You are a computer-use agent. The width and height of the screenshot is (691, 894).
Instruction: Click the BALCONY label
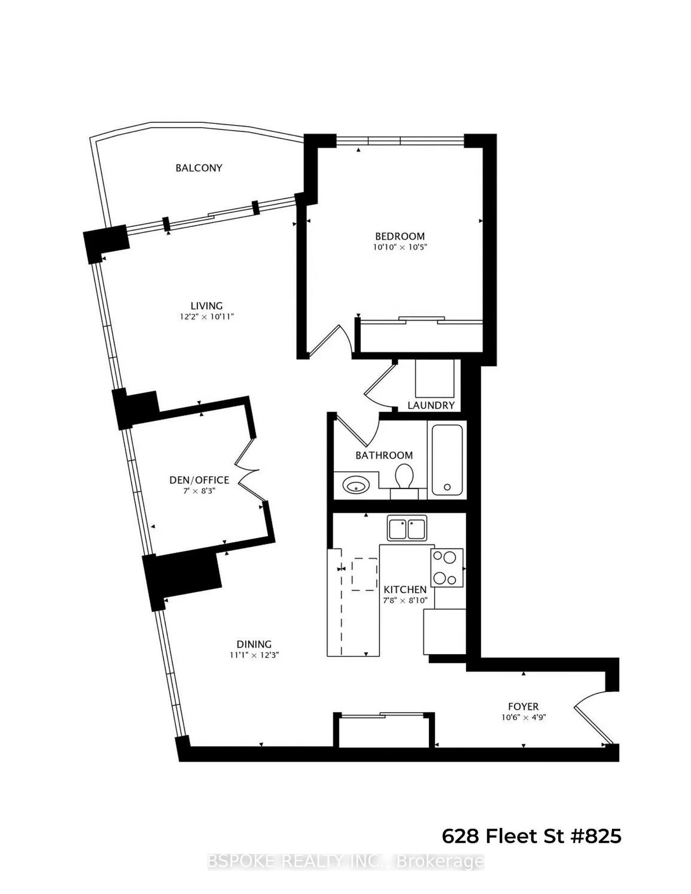[x=199, y=168]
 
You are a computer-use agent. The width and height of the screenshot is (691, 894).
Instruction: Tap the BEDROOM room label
[x=400, y=237]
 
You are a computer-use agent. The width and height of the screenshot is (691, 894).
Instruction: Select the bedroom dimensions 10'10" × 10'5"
[x=400, y=247]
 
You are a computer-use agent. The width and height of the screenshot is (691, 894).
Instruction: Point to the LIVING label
[x=207, y=306]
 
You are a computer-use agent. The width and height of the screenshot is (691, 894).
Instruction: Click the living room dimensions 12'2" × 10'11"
[x=207, y=317]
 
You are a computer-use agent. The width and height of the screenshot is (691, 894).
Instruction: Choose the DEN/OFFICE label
[x=199, y=480]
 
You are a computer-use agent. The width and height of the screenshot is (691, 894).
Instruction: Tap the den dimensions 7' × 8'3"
[x=199, y=491]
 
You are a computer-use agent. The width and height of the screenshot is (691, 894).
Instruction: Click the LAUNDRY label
[x=431, y=405]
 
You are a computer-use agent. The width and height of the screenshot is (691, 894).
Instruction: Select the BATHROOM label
[x=384, y=456]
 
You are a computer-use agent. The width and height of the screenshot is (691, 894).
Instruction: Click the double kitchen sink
[x=407, y=528]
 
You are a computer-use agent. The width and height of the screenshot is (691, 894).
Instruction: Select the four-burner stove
[x=446, y=568]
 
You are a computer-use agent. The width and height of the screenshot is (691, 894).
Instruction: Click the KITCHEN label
[x=405, y=589]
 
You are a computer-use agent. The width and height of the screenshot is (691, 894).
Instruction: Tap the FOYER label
[x=524, y=706]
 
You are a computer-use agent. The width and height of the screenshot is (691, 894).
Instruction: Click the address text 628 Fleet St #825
[x=532, y=836]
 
